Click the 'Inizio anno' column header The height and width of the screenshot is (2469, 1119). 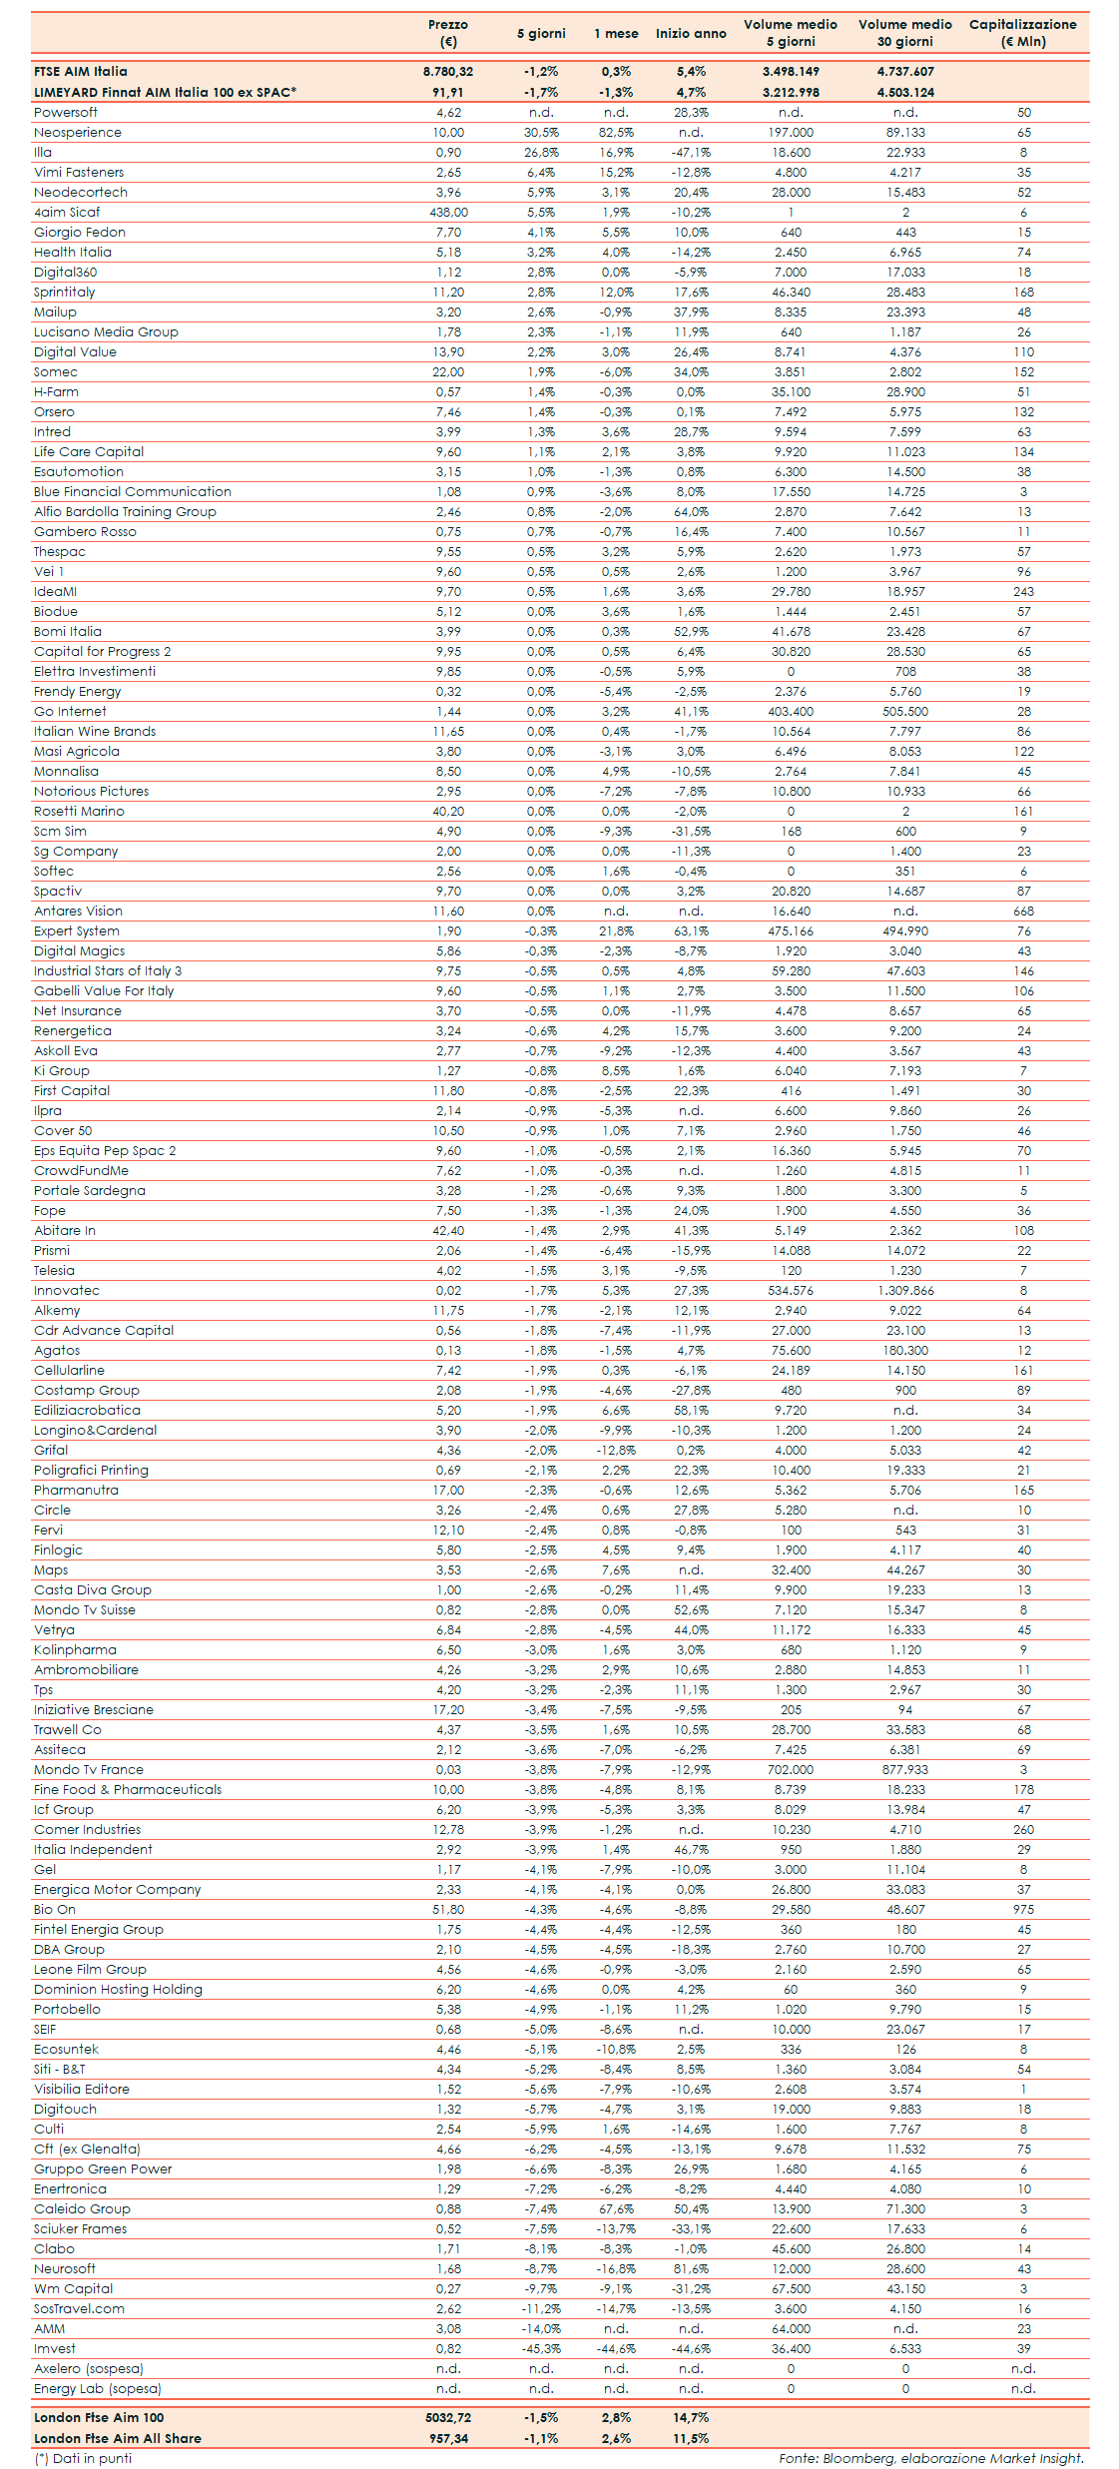691,33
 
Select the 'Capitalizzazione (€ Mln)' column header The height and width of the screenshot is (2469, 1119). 1022,33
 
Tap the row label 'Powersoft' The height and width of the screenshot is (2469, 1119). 66,112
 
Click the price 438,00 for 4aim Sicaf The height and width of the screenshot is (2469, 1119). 448,212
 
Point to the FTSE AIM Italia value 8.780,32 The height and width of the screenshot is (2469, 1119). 448,71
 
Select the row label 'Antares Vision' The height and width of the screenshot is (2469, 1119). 78,911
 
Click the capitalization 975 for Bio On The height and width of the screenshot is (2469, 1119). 1023,1909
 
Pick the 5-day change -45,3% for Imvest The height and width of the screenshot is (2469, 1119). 541,2348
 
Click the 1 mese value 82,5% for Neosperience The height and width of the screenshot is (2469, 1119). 616,132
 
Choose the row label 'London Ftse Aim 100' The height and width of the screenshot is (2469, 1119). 99,2417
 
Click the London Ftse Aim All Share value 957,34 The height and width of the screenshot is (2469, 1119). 448,2438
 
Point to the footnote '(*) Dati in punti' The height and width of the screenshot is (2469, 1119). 83,2458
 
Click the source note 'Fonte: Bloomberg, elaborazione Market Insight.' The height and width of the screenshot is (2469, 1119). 931,2458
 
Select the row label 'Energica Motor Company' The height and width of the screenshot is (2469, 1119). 118,1889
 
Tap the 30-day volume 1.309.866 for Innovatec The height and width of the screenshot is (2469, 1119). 905,1290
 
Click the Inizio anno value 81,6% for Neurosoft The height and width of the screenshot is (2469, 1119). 691,2268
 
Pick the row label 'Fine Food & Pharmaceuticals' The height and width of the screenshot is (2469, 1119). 128,1789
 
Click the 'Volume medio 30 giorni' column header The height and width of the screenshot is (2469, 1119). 905,33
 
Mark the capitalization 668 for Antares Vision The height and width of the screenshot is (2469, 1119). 1023,911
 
